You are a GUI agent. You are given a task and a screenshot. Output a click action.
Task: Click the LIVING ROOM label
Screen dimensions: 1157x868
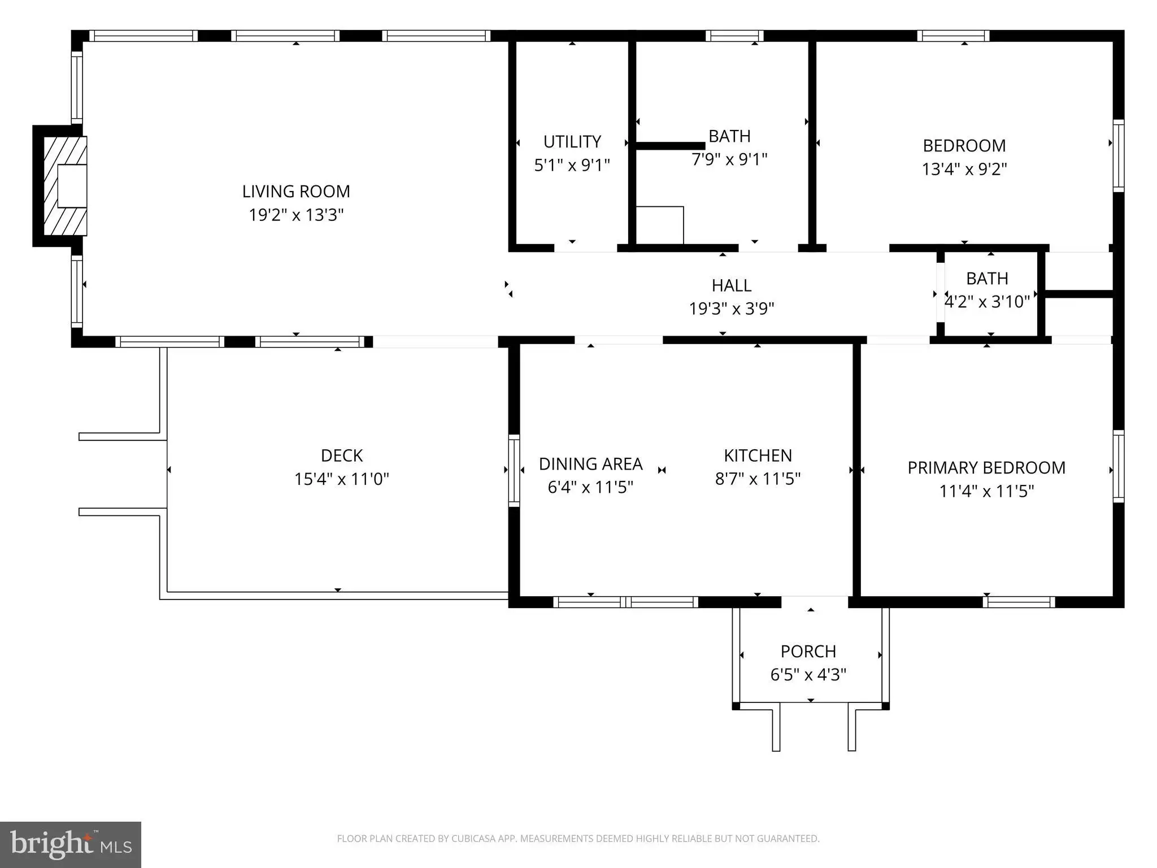coord(296,192)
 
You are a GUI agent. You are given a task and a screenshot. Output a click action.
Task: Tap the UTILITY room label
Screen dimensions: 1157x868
coord(572,141)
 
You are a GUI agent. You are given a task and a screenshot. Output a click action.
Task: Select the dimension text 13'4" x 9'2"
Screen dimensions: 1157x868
coord(964,169)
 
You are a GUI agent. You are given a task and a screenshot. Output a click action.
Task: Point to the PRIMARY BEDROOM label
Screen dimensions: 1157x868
coord(986,468)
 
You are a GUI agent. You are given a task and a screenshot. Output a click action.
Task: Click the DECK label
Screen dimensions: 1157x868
coord(342,455)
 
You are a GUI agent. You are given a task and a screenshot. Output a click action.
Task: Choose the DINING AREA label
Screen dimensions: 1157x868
coord(590,464)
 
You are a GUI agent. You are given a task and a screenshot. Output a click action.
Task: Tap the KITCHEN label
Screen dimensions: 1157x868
coord(758,455)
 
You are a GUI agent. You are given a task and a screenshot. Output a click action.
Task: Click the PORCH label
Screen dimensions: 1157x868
coord(808,652)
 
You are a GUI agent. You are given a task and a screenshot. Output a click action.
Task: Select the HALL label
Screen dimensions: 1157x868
coord(732,285)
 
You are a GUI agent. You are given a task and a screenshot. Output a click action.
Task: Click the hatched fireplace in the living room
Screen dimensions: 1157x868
coord(66,186)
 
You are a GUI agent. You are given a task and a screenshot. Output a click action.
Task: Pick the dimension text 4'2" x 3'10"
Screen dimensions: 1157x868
coord(988,302)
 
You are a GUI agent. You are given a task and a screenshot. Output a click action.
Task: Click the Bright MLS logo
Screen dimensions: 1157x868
coord(71,845)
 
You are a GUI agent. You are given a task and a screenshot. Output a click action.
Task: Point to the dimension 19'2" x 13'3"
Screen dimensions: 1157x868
coord(296,215)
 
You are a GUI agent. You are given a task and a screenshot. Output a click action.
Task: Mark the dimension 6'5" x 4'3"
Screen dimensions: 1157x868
coord(808,675)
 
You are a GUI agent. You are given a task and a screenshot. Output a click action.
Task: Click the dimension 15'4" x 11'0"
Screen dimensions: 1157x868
coord(342,479)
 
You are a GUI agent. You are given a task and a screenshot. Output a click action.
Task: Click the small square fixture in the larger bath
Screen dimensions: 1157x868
coord(660,225)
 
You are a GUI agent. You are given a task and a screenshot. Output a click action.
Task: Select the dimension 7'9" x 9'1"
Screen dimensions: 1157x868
coord(729,160)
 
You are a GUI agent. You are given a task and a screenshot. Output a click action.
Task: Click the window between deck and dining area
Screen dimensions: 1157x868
coord(514,470)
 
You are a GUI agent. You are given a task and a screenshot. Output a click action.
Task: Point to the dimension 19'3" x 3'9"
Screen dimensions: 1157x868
coord(732,309)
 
